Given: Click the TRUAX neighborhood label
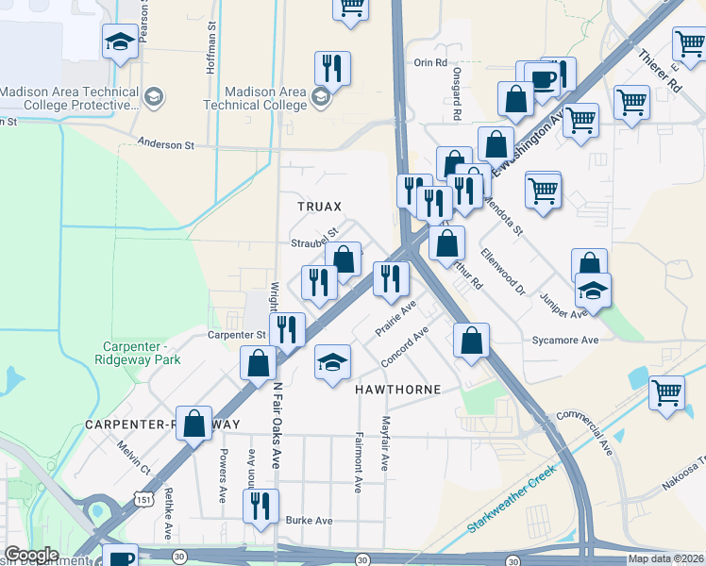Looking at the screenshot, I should point(318,206).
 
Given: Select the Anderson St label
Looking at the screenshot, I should point(165,144).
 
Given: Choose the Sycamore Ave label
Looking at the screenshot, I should point(565,340).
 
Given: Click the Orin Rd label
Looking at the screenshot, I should point(429,62).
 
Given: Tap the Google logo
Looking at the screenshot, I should point(31,555).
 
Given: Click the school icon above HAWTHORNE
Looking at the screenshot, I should point(332,362).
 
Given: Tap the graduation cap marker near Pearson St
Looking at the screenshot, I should point(121,42).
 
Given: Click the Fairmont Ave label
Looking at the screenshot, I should point(360,462).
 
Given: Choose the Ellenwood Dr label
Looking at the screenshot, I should point(502,273).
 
